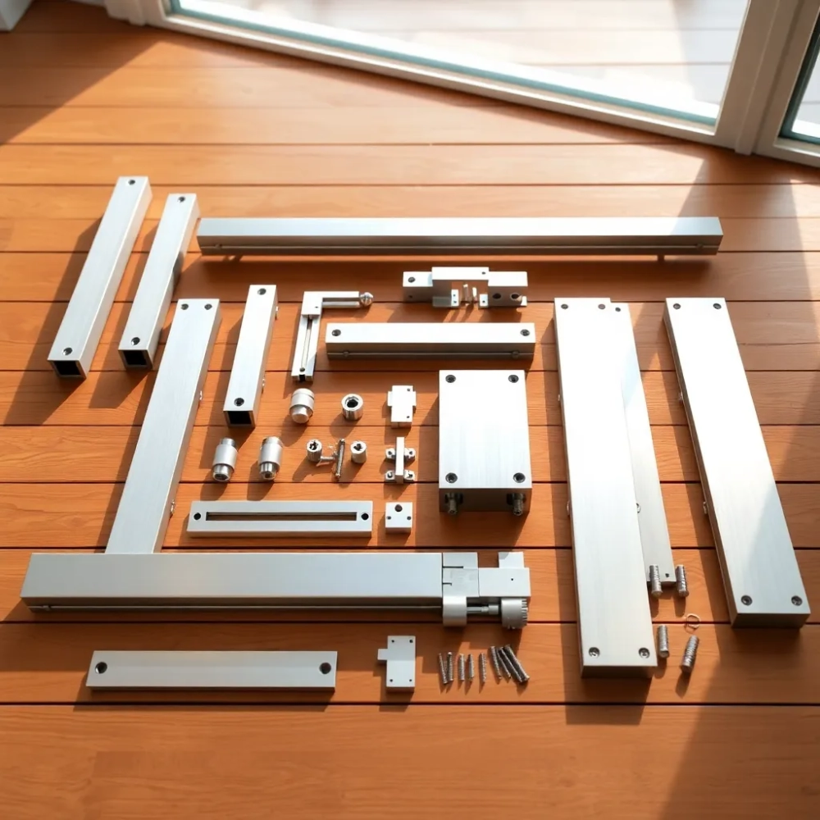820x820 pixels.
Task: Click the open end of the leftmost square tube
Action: [x=68, y=367]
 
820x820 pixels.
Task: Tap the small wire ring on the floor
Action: [x=691, y=621]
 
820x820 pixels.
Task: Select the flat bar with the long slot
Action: [x=280, y=517]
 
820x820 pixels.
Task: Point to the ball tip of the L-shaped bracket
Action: [x=366, y=299]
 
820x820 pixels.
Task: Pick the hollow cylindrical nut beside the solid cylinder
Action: [x=352, y=406]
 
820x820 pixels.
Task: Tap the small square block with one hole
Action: [x=399, y=517]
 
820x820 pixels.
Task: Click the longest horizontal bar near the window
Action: [x=459, y=235]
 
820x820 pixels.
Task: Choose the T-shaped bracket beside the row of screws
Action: [x=399, y=660]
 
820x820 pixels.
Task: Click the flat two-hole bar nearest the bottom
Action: [x=212, y=669]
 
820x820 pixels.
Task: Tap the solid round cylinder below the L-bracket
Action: [x=302, y=405]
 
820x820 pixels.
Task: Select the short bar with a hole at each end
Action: [x=430, y=339]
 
